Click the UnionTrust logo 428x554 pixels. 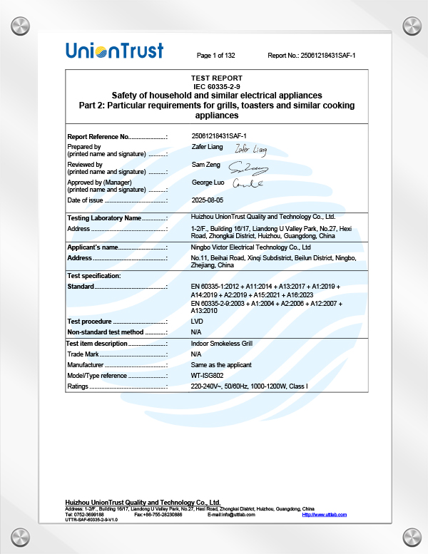114,51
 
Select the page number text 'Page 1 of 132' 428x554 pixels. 216,55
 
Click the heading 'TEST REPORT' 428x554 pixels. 217,78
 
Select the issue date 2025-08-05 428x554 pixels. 208,200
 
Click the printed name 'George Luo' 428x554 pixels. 208,183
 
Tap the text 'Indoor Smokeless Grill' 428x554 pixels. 222,343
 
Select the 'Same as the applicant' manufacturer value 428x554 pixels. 221,364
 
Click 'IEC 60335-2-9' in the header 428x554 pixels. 217,86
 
